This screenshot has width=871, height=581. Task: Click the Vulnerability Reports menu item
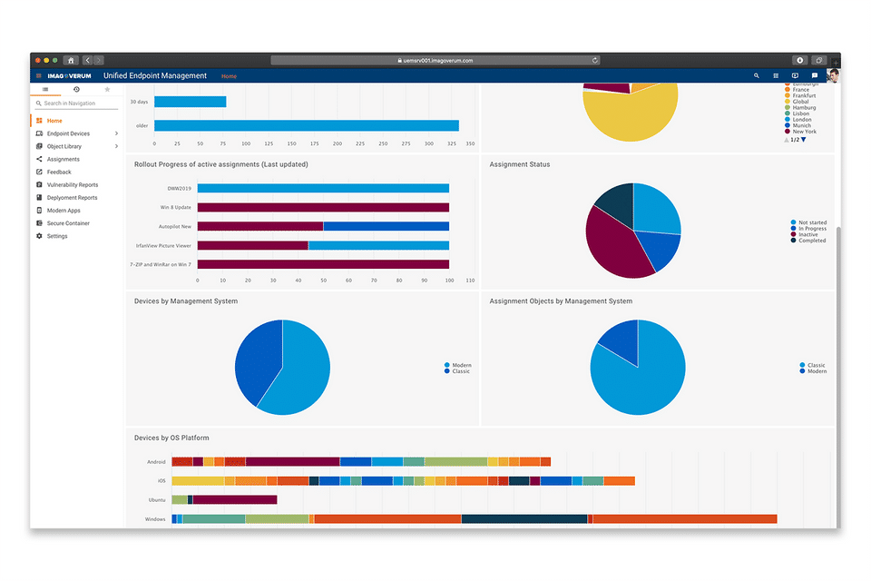point(72,185)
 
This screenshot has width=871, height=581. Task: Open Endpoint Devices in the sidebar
point(68,133)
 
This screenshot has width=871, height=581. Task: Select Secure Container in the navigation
point(68,223)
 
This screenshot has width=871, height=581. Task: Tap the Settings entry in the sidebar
point(57,236)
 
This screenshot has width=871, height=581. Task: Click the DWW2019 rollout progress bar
point(323,189)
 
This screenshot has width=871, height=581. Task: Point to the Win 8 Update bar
point(323,207)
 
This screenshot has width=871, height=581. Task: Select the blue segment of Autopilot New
point(386,226)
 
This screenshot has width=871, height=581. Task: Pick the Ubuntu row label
point(156,499)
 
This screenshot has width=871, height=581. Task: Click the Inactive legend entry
point(807,235)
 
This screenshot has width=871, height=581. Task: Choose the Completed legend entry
point(811,241)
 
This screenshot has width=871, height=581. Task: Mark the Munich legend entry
point(802,125)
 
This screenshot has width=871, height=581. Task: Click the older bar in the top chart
point(306,126)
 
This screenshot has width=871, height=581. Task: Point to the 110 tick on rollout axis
point(469,281)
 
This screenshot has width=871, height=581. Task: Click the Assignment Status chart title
point(519,164)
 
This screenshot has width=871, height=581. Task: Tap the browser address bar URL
point(436,61)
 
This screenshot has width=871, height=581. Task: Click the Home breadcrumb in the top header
point(229,76)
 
